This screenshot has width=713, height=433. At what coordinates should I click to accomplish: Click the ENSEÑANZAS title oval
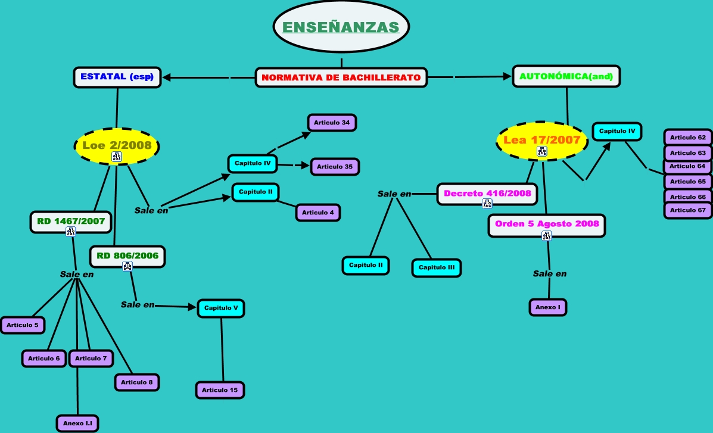click(341, 26)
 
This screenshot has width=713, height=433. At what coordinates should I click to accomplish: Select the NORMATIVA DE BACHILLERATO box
click(341, 77)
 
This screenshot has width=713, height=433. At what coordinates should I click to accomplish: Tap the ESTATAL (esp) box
click(117, 77)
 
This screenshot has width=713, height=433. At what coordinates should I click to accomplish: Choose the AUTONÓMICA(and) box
click(566, 76)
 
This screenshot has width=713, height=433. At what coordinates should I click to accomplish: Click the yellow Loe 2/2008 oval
click(117, 147)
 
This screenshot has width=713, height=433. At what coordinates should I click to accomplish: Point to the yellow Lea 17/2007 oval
click(542, 141)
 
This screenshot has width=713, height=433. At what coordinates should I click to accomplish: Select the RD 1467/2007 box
click(71, 222)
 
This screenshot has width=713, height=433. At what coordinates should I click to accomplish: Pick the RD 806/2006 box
click(127, 257)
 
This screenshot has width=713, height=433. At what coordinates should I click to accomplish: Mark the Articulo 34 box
click(332, 123)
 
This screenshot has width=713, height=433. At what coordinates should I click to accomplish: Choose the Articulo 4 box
click(318, 213)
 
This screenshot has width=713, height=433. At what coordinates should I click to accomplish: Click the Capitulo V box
click(221, 308)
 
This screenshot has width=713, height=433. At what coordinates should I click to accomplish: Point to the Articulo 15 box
click(220, 390)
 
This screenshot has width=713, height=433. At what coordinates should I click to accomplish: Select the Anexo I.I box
click(77, 423)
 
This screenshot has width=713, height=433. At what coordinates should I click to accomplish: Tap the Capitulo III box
click(437, 267)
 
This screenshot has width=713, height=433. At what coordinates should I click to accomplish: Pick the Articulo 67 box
click(687, 211)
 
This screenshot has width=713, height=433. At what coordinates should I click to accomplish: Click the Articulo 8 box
click(137, 382)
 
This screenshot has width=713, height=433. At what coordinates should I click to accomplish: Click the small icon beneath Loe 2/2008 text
click(117, 157)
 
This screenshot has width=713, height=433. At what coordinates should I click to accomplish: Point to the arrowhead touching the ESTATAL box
click(166, 77)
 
